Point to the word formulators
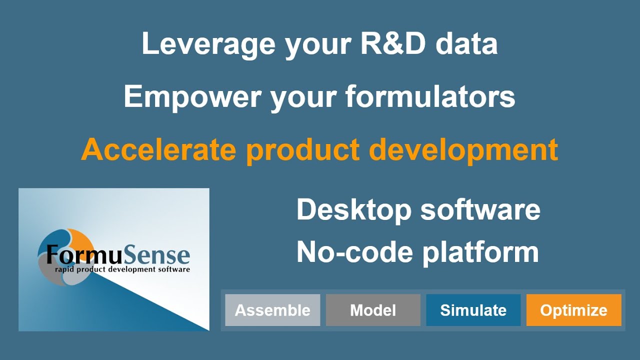(430, 96)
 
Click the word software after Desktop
(480, 209)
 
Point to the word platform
(480, 252)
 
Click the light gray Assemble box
(272, 310)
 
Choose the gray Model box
(373, 310)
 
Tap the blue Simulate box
(473, 310)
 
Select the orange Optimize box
(573, 310)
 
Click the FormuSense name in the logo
(118, 254)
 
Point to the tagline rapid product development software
(122, 269)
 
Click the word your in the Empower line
(303, 96)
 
